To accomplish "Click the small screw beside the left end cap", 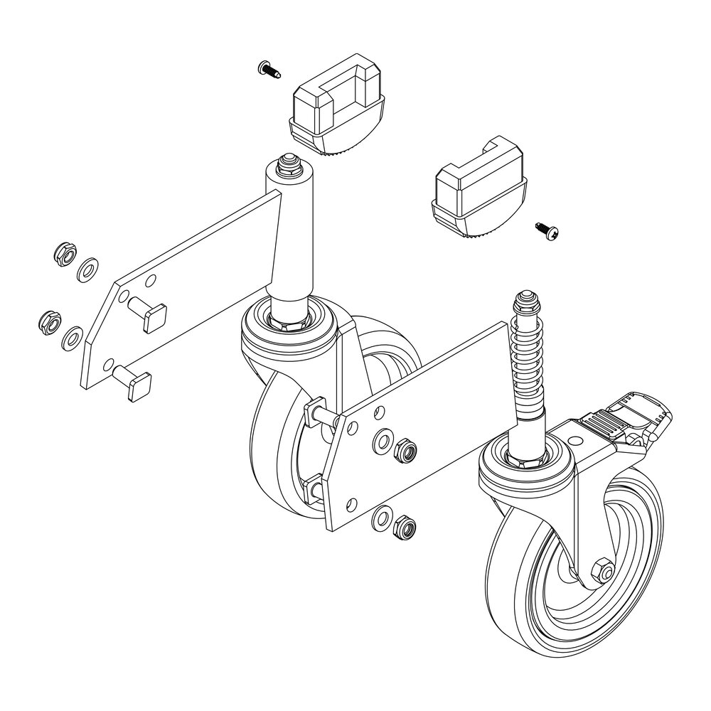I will (x=267, y=70).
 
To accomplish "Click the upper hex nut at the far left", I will (x=62, y=253).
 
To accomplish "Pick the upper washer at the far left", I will (x=88, y=270).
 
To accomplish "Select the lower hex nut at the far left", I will (x=47, y=321).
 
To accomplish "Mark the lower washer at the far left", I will (x=71, y=338).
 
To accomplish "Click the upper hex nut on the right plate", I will (x=404, y=450).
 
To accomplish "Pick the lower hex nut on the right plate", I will (x=402, y=527).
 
